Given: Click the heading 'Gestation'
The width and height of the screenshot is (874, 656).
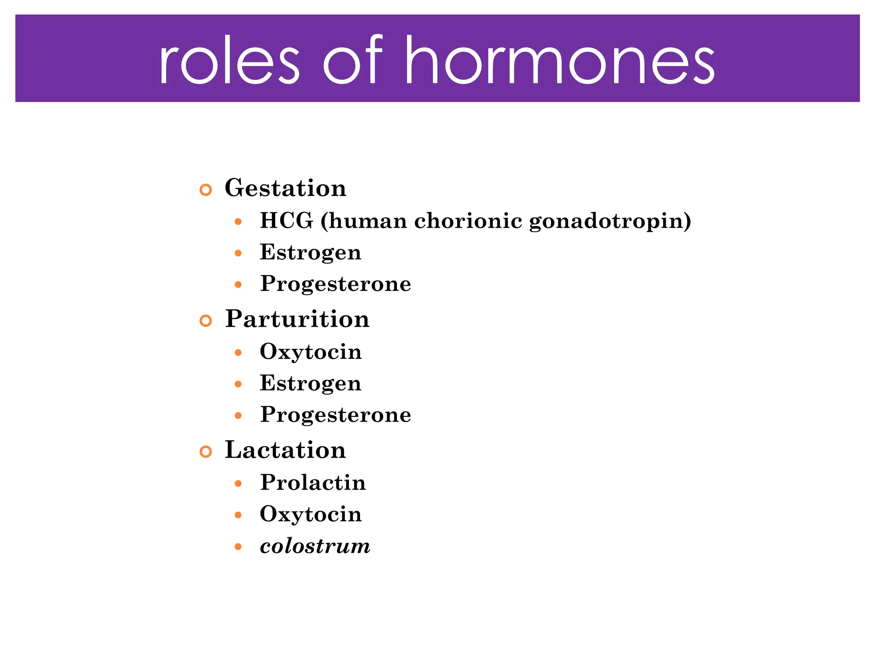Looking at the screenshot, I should click(286, 188).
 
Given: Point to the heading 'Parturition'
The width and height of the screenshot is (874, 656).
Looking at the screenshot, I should click(297, 319).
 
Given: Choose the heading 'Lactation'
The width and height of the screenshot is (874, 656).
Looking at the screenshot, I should click(285, 450).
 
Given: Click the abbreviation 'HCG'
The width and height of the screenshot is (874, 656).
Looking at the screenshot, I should click(286, 221).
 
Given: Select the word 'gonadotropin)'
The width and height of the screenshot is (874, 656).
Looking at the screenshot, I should click(610, 222).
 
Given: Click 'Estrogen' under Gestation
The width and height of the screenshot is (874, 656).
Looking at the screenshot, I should click(310, 252).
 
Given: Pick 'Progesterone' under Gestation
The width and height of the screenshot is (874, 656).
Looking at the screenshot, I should click(335, 284).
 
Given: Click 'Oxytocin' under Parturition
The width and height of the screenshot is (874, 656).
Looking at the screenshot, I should click(311, 352).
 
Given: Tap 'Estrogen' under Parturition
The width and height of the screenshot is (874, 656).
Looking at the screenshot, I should click(310, 384).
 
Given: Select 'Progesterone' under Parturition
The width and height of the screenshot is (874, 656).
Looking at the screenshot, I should click(335, 415).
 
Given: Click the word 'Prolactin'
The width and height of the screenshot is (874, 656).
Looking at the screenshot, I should click(313, 483).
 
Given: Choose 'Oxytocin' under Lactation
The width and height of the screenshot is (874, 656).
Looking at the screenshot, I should click(311, 514).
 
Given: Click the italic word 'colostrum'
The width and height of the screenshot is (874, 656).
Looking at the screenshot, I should click(315, 546).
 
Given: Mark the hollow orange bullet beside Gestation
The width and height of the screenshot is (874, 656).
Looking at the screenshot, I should click(206, 190).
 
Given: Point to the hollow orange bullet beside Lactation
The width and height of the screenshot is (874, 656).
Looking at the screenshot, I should click(206, 452).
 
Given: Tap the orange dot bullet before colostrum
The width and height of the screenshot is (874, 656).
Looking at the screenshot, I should click(239, 547).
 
